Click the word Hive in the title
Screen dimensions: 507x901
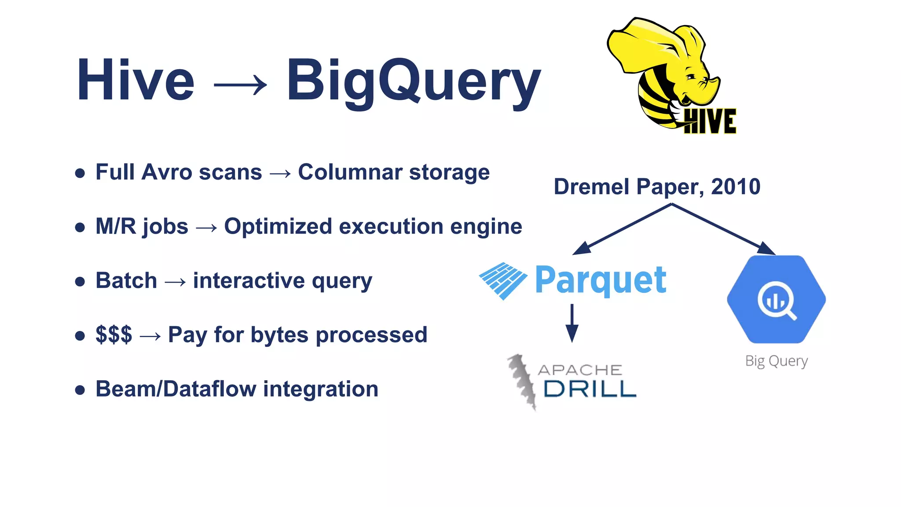136,81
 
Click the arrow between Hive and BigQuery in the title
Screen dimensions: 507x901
240,84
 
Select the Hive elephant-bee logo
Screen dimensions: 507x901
669,75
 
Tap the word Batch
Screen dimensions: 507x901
126,281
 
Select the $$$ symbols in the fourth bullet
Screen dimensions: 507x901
114,335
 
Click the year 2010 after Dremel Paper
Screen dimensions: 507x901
736,187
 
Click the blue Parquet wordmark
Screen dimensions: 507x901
601,280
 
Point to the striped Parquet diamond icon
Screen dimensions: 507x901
503,280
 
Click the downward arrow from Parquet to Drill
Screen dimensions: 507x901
572,323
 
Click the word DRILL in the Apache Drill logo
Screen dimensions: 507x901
590,389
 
